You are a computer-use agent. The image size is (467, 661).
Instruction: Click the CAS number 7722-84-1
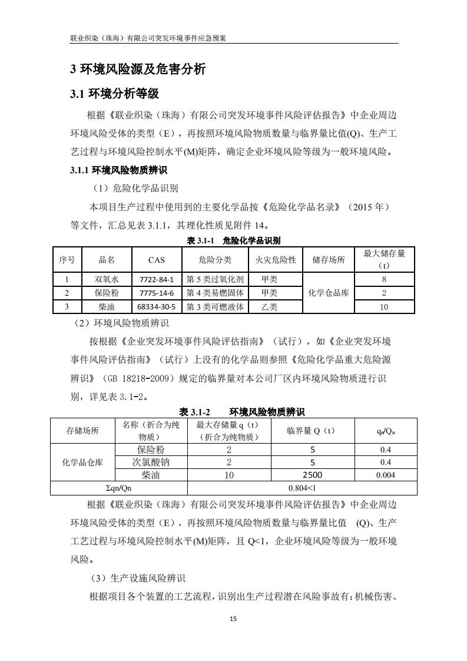click(157, 279)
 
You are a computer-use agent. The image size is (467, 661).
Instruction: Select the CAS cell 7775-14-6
click(157, 293)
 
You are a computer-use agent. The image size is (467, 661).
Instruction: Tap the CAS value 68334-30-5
click(157, 307)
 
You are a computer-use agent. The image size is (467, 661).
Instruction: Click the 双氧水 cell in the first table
click(107, 279)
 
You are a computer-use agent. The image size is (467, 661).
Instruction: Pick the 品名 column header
click(107, 259)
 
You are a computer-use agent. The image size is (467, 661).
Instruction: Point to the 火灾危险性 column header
click(275, 259)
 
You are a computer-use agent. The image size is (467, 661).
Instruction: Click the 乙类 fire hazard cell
click(269, 307)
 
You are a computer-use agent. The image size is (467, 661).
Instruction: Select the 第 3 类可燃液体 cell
click(215, 307)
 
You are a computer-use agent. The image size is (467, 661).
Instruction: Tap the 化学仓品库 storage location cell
click(329, 293)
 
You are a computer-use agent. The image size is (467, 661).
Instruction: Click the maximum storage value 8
click(384, 279)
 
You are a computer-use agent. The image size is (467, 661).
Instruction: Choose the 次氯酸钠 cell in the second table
click(151, 462)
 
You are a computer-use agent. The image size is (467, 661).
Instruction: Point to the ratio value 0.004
click(385, 475)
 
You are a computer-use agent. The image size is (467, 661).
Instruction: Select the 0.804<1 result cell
click(302, 488)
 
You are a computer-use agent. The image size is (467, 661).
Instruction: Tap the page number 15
click(233, 619)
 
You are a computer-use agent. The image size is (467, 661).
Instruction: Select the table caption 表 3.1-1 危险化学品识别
click(233, 240)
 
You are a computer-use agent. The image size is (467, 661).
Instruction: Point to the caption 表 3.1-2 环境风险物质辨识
click(241, 412)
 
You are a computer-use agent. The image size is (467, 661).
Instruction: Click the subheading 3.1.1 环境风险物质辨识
click(118, 170)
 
